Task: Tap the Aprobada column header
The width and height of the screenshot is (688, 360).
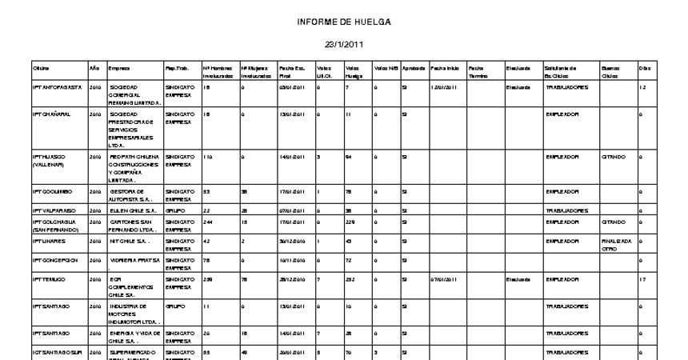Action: click(x=414, y=69)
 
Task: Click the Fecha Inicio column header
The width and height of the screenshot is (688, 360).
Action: click(x=444, y=69)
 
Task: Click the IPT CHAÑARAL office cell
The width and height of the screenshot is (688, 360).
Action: click(x=51, y=114)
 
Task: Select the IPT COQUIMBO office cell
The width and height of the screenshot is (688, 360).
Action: click(x=52, y=192)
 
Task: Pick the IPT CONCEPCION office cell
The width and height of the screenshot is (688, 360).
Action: click(x=54, y=259)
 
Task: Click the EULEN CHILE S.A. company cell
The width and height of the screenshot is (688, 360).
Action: click(x=130, y=210)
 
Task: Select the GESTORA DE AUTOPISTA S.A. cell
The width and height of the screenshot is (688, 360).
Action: click(x=130, y=196)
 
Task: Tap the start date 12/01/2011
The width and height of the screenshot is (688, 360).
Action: click(x=442, y=87)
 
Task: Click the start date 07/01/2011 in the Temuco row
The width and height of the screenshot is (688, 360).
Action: click(x=442, y=279)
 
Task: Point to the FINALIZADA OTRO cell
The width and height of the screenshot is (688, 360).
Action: click(x=616, y=244)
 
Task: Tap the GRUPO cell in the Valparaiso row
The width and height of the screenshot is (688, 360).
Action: click(x=174, y=210)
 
